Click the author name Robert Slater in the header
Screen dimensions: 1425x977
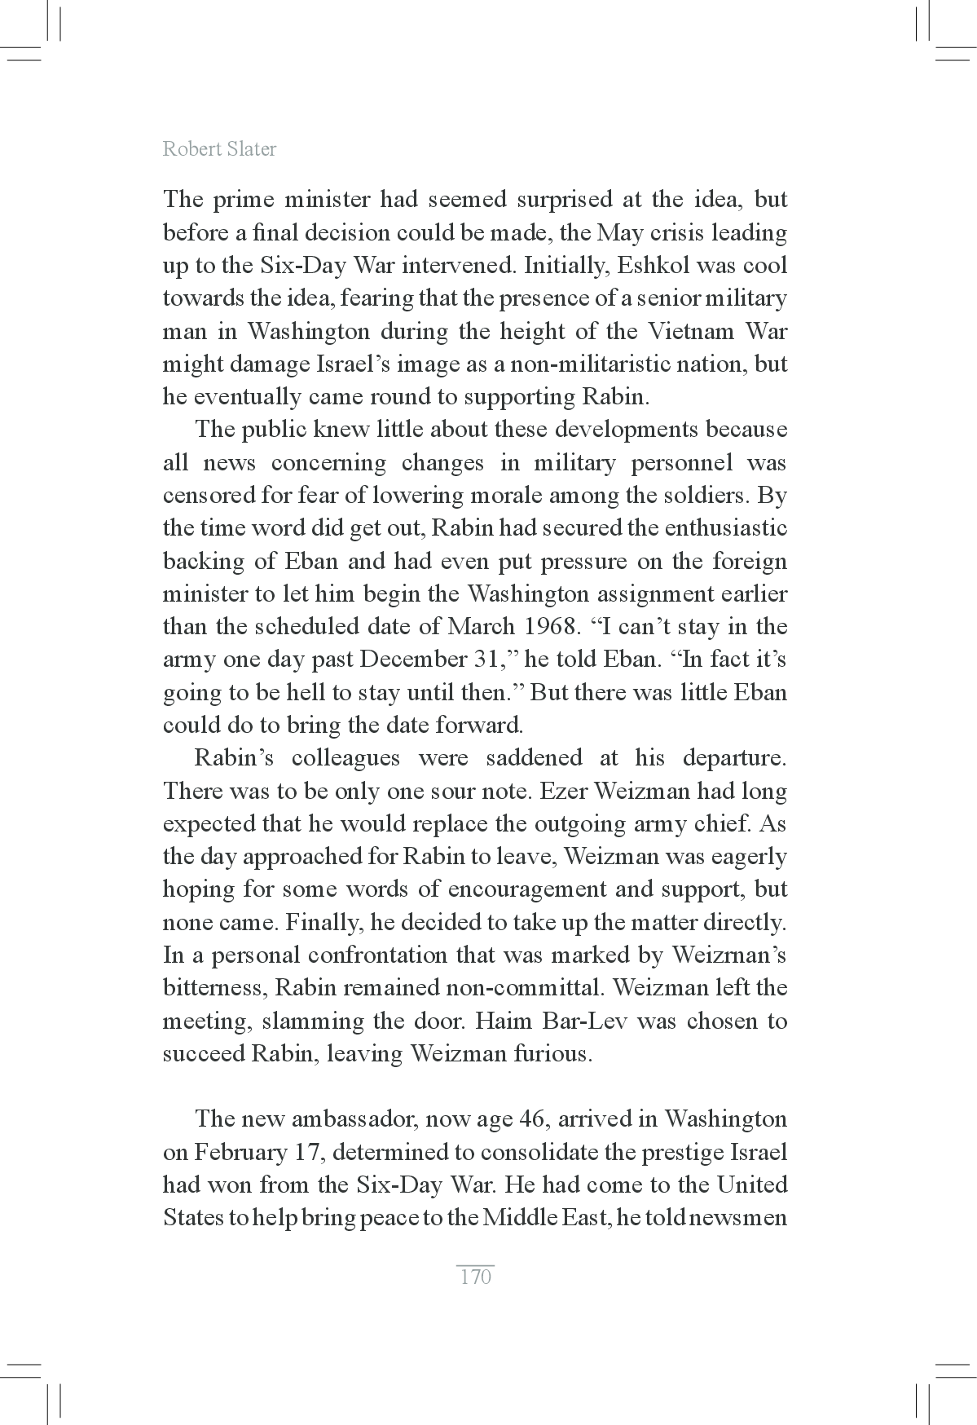coord(219,149)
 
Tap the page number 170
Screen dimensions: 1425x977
coord(476,1277)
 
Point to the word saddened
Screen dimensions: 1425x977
coord(534,758)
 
